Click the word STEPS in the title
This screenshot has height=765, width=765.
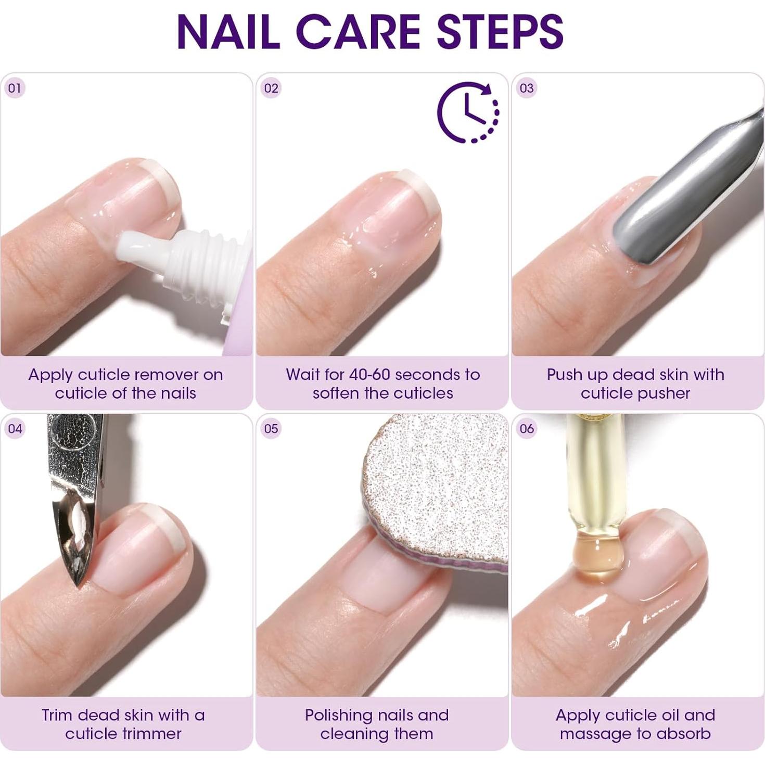point(500,32)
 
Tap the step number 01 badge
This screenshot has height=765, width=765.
point(15,88)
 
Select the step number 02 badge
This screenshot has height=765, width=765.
point(271,88)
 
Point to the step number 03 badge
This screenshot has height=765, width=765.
point(527,88)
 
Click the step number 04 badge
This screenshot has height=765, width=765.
point(15,428)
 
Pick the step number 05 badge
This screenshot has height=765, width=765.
point(271,428)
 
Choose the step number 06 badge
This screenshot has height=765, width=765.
point(527,428)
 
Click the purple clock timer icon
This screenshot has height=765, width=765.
point(467,112)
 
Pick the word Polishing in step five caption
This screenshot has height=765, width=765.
point(338,716)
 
